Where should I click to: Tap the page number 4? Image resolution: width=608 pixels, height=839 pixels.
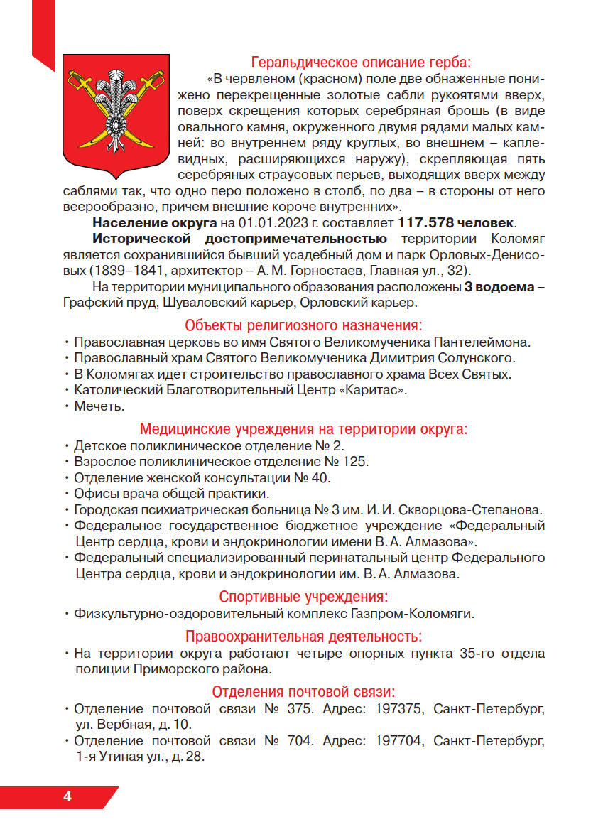tap(67, 796)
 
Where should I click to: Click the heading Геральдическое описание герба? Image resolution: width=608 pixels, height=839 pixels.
tap(361, 62)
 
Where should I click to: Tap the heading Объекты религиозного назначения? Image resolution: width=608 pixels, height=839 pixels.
tap(303, 325)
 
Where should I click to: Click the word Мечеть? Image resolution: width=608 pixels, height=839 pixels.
tap(99, 406)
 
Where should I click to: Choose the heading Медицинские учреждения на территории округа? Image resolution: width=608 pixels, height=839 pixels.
tap(303, 429)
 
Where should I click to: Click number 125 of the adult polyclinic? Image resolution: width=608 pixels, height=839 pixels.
tap(354, 462)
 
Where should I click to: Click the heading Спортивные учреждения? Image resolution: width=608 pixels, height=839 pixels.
tap(303, 596)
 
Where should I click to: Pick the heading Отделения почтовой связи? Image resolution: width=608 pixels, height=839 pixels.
tap(303, 691)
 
